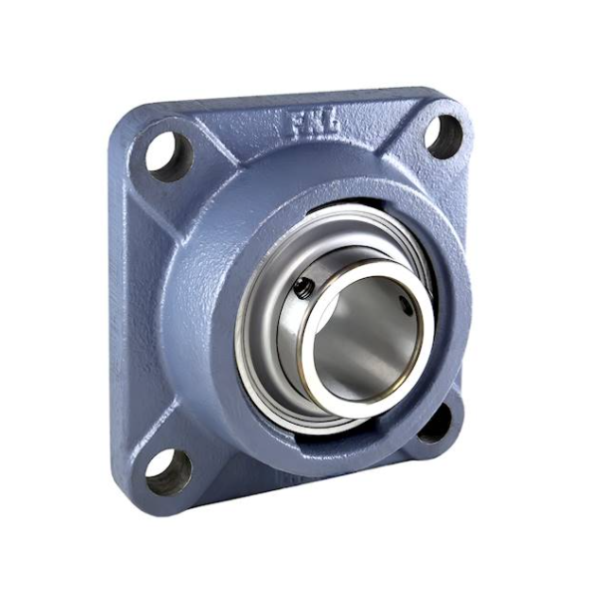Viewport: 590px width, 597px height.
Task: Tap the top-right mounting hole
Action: coord(445,136)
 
